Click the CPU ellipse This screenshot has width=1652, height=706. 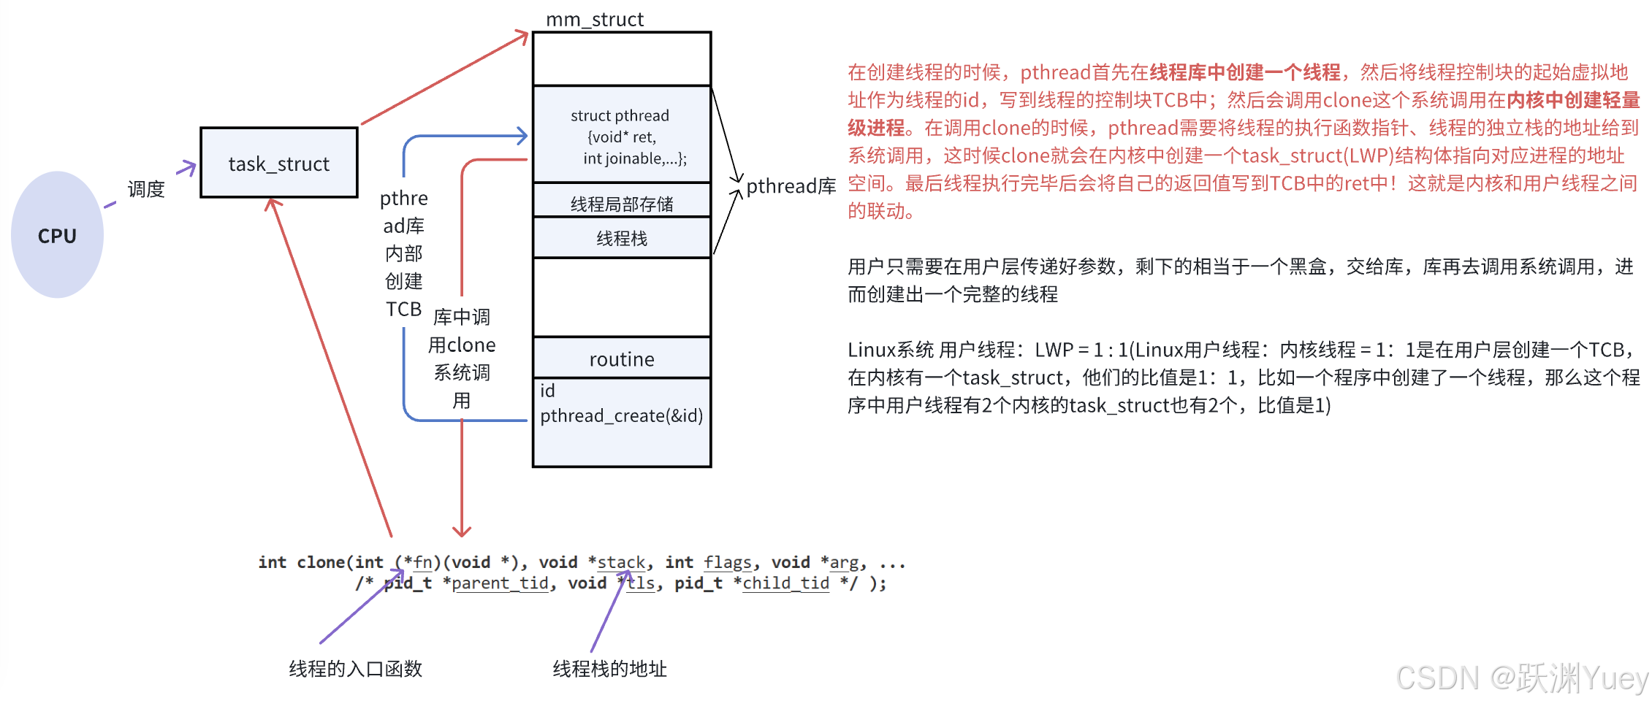tap(57, 235)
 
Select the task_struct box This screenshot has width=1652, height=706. tap(279, 163)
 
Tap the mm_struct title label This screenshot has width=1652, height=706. tap(595, 19)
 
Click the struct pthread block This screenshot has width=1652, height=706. tap(622, 135)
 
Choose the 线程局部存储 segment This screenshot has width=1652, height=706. tap(622, 202)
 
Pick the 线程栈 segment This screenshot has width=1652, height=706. tap(622, 238)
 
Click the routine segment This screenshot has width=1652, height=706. tap(622, 358)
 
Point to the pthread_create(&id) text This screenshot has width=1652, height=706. tap(621, 415)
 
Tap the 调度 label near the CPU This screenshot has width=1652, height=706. tap(146, 189)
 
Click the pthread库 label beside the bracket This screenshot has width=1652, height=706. tap(791, 186)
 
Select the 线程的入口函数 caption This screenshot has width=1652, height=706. tap(355, 669)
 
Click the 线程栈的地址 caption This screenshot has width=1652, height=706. tap(609, 669)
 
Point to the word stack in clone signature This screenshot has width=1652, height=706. tap(621, 562)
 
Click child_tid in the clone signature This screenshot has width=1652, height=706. tap(785, 583)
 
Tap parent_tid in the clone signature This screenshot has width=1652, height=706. tap(500, 583)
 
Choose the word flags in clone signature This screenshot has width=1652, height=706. tap(728, 562)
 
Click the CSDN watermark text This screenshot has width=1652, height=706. tap(1521, 678)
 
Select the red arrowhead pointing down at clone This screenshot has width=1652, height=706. tap(462, 531)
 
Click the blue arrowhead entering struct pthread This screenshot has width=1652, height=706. tap(522, 136)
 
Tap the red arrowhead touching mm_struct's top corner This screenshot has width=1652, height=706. tap(522, 36)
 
